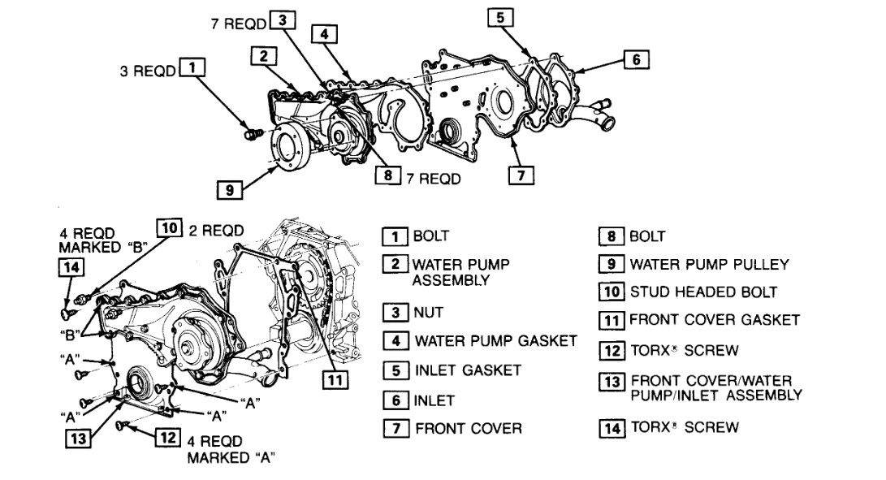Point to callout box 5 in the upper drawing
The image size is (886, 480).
pos(500,17)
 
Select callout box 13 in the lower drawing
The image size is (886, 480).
pos(80,439)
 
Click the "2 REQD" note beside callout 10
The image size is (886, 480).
pos(216,230)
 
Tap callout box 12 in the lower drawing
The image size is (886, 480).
pos(166,439)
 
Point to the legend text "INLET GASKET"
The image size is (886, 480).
pos(468,370)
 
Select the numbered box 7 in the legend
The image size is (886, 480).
pos(395,428)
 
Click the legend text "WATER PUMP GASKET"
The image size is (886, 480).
pos(495,340)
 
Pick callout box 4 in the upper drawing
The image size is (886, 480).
pos(324,34)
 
